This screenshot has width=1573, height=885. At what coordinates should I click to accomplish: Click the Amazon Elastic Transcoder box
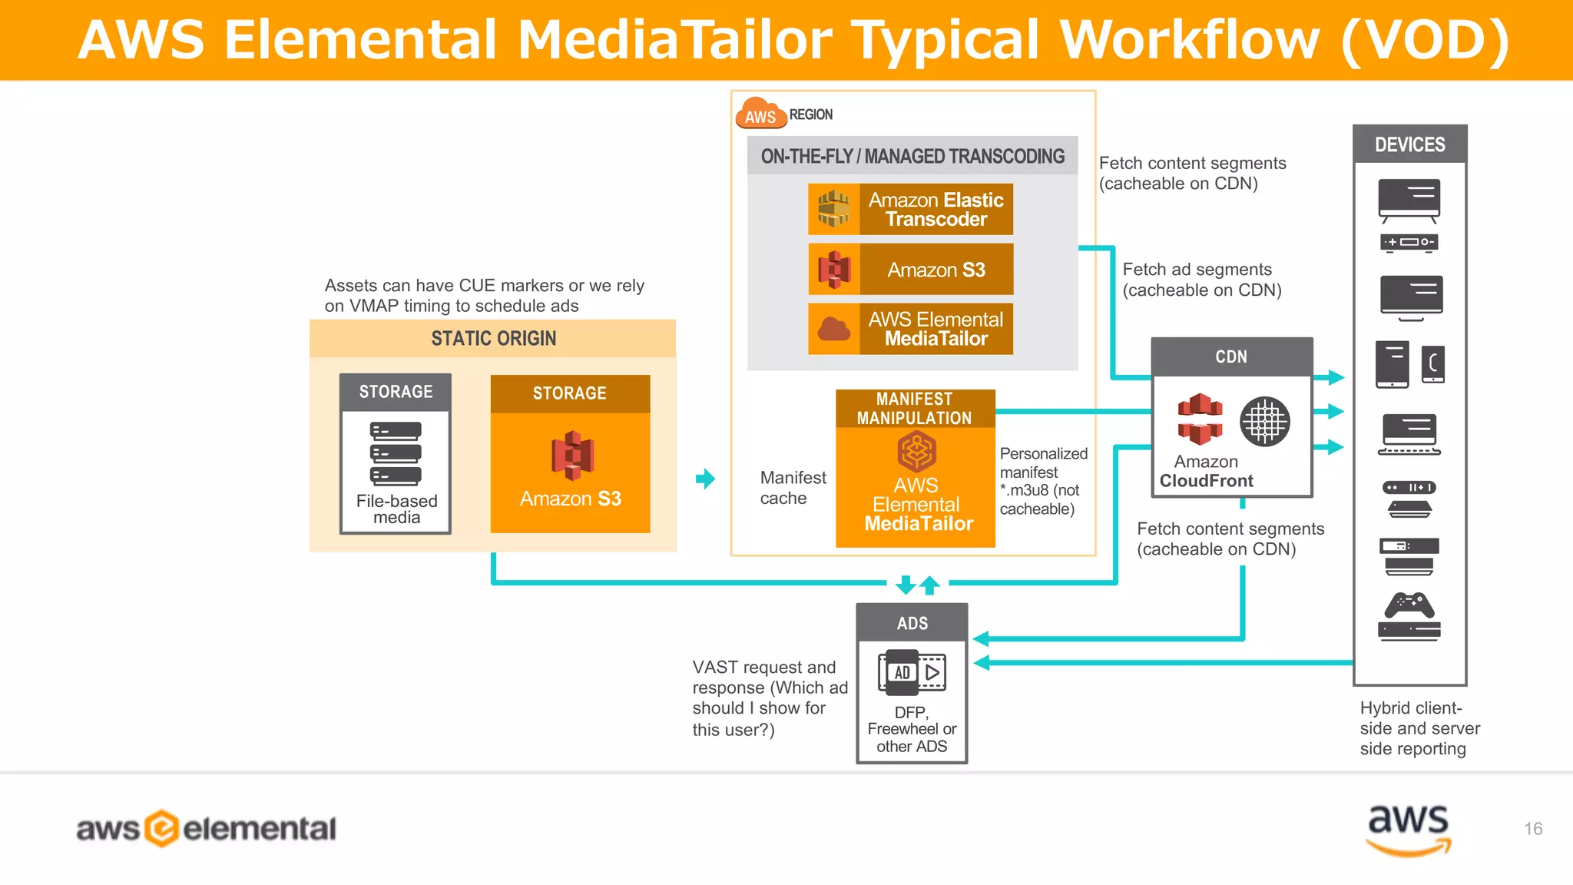tap(910, 209)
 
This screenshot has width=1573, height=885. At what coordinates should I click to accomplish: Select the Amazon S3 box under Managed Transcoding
tap(910, 270)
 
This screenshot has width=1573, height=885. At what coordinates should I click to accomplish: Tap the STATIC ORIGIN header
tap(493, 339)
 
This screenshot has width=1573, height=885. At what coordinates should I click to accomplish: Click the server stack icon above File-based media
tap(396, 453)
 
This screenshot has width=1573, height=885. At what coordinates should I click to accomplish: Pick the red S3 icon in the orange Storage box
tap(572, 455)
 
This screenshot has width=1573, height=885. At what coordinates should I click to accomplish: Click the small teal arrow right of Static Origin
tap(705, 479)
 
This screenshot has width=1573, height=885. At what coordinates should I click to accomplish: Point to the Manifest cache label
tap(793, 488)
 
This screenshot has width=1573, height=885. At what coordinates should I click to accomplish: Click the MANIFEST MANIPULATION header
tap(915, 409)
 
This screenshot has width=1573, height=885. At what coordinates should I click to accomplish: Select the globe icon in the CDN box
tap(1264, 422)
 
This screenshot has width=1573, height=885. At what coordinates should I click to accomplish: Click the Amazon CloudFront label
tap(1206, 472)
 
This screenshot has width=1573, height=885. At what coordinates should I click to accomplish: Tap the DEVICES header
tap(1409, 144)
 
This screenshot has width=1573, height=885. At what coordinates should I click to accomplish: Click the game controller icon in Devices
tap(1409, 605)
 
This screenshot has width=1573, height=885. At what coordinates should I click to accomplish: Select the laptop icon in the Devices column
tap(1409, 435)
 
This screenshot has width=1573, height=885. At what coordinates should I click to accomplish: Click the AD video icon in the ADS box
tap(912, 672)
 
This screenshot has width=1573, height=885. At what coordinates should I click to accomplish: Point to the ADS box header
tap(912, 623)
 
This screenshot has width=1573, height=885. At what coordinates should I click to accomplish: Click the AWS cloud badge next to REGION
tap(760, 114)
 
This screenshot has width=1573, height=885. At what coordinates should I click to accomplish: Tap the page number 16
tap(1533, 829)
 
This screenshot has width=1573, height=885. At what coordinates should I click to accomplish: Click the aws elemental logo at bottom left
tap(206, 829)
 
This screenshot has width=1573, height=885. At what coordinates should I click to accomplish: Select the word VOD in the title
tap(1425, 40)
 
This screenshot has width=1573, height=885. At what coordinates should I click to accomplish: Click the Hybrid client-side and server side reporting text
tap(1419, 728)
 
